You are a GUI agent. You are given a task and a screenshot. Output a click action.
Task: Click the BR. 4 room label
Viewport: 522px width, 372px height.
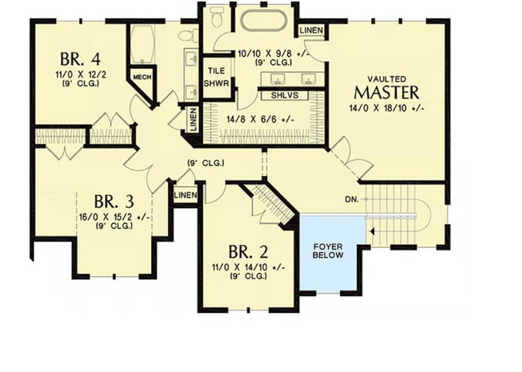pos(81,59)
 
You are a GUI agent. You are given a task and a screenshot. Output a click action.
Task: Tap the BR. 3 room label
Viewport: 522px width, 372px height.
pos(114,201)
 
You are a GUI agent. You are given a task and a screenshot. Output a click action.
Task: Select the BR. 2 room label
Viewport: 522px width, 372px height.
pos(249,252)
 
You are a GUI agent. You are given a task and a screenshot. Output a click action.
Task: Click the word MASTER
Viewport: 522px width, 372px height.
pos(386,92)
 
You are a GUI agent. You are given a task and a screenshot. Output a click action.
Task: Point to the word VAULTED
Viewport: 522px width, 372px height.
pos(386,79)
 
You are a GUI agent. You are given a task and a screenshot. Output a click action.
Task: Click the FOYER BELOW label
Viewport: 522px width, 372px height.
pos(328,251)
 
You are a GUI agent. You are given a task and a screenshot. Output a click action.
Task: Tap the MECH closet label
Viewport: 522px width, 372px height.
pos(143,77)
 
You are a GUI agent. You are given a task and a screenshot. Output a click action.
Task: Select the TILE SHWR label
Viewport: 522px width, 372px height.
pos(216,77)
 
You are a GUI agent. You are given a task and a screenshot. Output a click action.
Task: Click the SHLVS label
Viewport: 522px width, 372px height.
pos(284,95)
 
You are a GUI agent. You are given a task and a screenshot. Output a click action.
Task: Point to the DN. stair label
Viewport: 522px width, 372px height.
pos(352,199)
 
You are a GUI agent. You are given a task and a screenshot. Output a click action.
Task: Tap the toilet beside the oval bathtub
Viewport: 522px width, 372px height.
pos(217,16)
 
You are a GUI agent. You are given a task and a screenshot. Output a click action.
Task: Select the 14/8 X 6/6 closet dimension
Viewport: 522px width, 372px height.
pos(260,119)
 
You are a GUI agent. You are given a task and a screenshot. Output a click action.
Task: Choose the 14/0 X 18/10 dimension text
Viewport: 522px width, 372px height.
pos(386,108)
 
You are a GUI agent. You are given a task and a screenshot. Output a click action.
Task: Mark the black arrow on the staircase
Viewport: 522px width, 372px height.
pos(373,231)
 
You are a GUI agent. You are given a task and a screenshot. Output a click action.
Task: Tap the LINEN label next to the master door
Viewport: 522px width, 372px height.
pos(311,30)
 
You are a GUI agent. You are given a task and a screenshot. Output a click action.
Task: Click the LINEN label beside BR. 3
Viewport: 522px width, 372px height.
pos(185,195)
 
